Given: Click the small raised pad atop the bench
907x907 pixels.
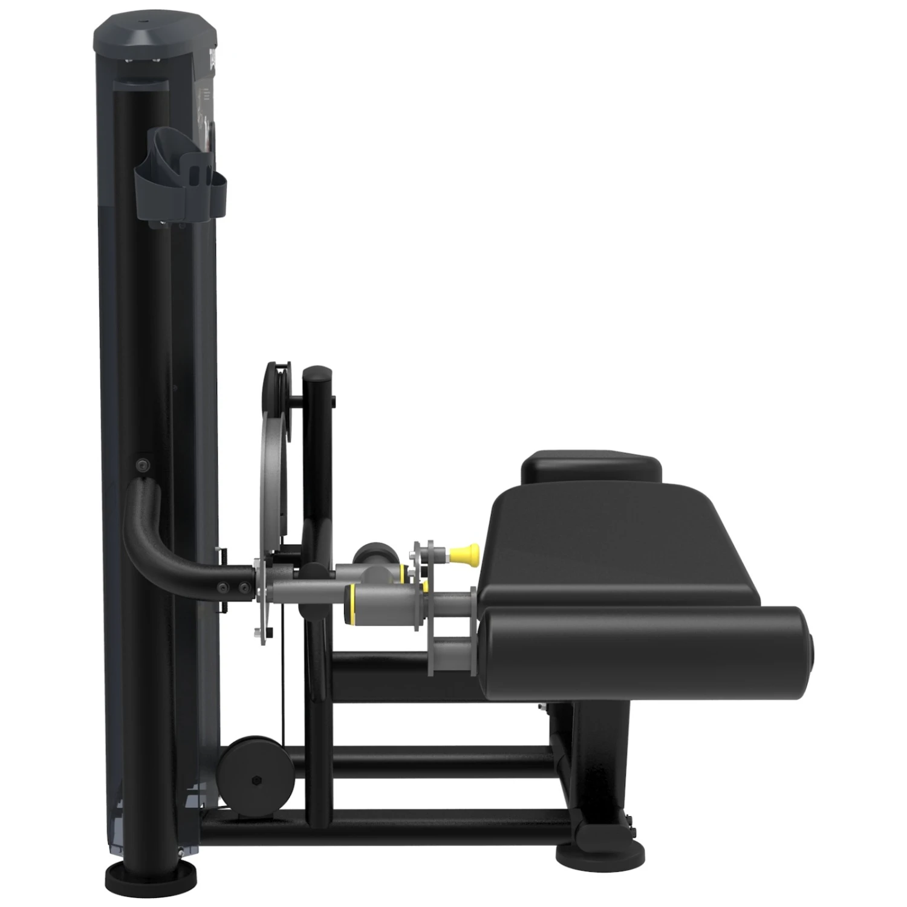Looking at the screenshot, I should (x=591, y=467).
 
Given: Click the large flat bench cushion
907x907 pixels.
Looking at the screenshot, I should (x=617, y=544).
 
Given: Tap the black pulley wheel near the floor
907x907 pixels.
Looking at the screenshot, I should (x=255, y=768).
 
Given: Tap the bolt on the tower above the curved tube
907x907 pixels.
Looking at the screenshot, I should (x=143, y=464).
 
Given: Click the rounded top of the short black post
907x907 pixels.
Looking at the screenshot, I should (x=317, y=374).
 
